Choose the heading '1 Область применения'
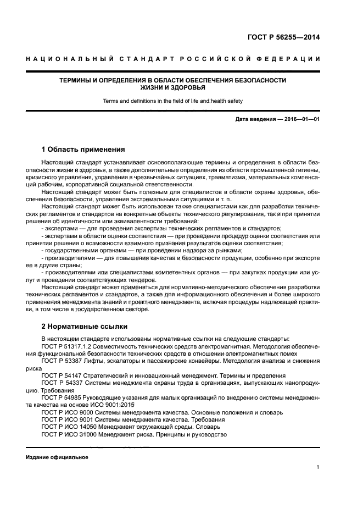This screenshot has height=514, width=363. coord(83,150)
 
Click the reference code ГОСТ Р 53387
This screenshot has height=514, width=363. coord(60,360)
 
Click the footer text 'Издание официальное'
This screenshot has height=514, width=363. coord(57,457)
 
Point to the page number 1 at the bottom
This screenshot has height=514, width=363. coord(318,467)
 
